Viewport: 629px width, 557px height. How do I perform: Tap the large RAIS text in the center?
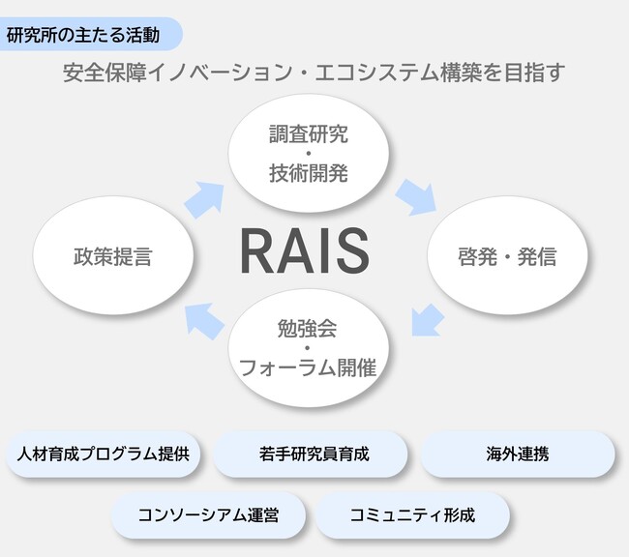coord(305,250)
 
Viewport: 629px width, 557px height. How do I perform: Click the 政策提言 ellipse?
coord(113,257)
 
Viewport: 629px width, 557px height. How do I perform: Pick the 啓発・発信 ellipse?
coord(507,257)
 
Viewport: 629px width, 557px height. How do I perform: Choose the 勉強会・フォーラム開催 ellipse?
coord(308,348)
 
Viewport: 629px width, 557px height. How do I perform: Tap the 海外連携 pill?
coord(518,453)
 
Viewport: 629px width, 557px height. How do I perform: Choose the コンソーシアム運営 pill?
coord(208,514)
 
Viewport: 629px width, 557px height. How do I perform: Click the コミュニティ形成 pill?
coord(412,514)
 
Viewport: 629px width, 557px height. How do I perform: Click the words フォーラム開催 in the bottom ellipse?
coord(307,367)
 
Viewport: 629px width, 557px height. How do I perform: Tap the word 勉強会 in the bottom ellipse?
coord(307,328)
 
